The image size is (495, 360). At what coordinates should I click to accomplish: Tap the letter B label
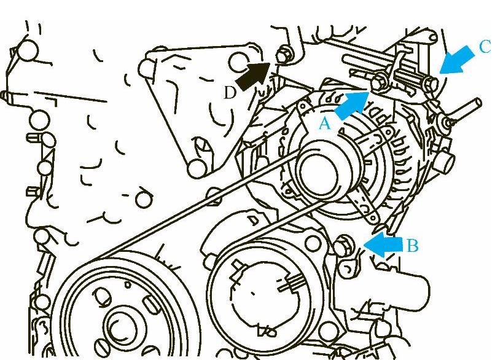[412, 245]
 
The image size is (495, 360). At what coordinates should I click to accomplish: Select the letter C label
[485, 47]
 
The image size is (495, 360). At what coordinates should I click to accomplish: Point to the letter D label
[230, 93]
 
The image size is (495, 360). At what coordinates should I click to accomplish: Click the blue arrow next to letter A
[351, 106]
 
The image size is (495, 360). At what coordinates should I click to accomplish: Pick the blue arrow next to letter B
[383, 245]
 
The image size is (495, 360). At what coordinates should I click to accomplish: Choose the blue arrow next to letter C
[456, 60]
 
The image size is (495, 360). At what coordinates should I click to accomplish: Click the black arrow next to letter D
[252, 76]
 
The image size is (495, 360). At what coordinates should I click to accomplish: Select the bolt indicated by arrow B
[342, 246]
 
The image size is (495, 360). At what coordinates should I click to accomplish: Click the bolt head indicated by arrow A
[379, 82]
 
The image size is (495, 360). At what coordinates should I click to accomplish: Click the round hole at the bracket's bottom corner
[197, 168]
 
